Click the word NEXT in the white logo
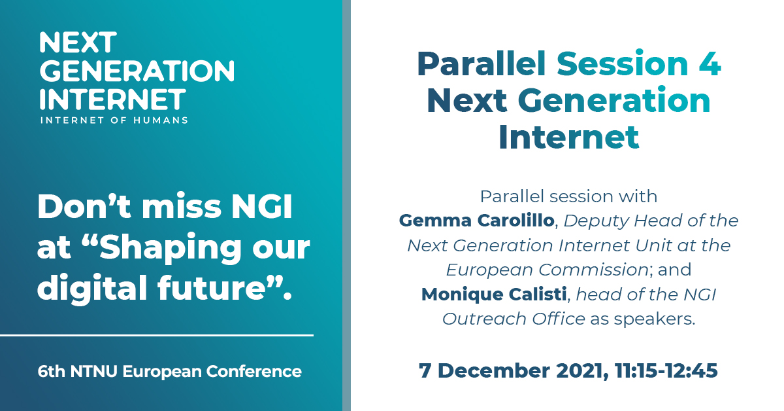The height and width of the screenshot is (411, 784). point(78,43)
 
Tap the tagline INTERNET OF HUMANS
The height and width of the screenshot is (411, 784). point(114,120)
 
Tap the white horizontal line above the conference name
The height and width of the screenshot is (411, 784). point(157,335)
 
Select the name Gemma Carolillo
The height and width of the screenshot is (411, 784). point(476,221)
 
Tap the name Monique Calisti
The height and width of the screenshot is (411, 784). point(495,295)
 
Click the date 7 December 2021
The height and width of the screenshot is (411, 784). point(512,370)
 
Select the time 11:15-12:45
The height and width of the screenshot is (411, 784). point(666,370)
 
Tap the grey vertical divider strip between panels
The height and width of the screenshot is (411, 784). point(346,205)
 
